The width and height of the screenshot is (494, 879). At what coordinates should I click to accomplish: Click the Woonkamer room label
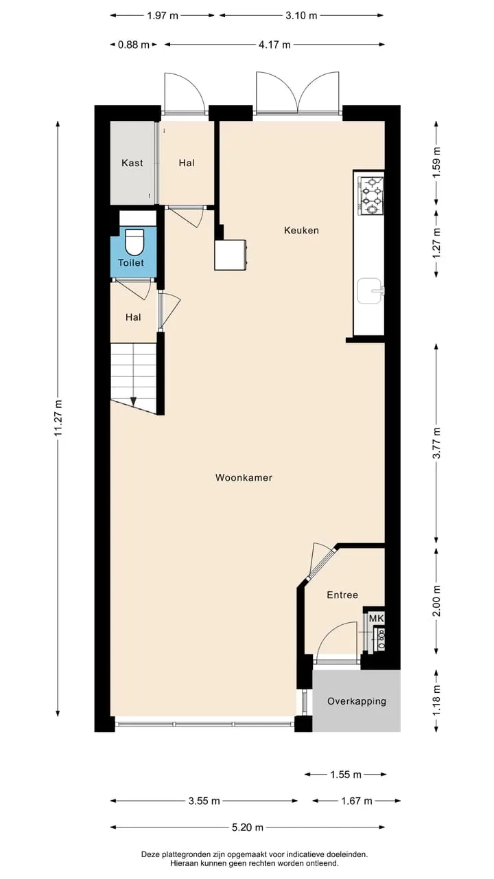tap(244, 477)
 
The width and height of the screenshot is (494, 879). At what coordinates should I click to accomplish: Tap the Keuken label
tap(301, 230)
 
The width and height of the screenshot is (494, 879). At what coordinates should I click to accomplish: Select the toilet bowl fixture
tap(134, 242)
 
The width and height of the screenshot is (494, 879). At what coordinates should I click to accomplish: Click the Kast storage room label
tap(132, 163)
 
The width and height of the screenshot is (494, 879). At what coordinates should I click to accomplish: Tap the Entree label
tap(342, 595)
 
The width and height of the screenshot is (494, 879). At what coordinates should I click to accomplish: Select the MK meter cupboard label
tap(377, 619)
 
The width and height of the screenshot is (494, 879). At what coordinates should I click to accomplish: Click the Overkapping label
tap(356, 701)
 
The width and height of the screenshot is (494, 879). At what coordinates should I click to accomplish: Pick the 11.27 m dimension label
tap(58, 418)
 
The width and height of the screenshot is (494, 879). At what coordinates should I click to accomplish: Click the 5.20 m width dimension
tap(248, 827)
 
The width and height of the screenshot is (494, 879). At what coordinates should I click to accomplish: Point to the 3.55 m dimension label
tap(204, 801)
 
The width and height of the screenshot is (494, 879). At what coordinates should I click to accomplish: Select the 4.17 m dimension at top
tap(274, 45)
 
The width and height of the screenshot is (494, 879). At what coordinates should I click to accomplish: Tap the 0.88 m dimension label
tap(134, 45)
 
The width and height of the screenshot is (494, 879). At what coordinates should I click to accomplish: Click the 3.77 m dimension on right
tap(436, 443)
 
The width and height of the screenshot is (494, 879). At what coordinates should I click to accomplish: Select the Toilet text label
tap(131, 263)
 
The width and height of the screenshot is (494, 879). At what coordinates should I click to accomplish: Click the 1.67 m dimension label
tap(356, 801)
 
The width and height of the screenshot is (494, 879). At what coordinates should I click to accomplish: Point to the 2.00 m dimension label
tap(436, 601)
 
